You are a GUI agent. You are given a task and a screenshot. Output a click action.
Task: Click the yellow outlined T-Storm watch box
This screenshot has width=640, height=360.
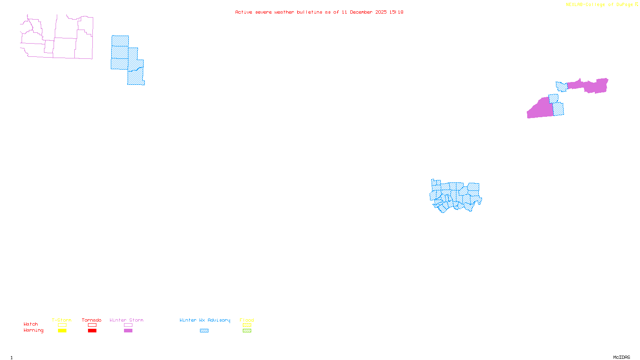point(62,325)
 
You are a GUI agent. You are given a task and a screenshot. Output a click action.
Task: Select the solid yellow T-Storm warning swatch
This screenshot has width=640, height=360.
point(62,331)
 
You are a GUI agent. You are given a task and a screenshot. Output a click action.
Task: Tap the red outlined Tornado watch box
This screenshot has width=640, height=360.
point(92,325)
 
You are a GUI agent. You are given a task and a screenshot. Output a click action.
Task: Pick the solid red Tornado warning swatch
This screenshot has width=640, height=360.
point(92,331)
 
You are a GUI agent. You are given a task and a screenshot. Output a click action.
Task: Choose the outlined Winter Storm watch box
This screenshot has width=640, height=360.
point(128,325)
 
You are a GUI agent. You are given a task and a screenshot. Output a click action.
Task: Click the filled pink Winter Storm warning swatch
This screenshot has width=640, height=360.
point(128,331)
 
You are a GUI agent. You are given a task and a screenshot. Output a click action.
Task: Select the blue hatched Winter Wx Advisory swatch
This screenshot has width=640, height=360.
point(204,331)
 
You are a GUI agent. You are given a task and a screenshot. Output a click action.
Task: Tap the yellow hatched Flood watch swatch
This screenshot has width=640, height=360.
point(247,325)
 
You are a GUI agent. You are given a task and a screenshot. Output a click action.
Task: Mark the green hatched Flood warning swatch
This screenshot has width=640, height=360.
point(247,331)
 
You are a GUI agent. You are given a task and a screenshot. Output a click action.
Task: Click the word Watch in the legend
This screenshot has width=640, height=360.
point(31,324)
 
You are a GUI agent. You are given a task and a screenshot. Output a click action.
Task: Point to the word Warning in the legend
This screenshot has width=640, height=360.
point(33,330)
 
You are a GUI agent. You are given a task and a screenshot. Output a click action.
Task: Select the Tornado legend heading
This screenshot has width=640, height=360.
point(92,320)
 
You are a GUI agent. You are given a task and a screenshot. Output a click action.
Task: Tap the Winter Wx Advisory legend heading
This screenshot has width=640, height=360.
point(205,320)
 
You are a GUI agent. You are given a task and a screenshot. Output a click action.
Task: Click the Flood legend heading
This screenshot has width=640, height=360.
point(247,320)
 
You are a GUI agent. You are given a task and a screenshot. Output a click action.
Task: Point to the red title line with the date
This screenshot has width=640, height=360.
point(319,12)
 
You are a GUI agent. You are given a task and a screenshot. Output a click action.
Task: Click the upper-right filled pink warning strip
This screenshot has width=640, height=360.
point(592,86)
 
